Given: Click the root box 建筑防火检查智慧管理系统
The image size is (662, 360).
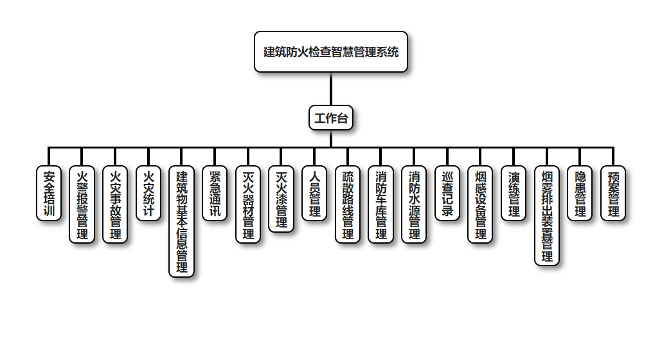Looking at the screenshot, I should pyautogui.click(x=331, y=51).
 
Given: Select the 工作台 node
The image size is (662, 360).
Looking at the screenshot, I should pyautogui.click(x=331, y=118).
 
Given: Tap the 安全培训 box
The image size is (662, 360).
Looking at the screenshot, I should pyautogui.click(x=48, y=193).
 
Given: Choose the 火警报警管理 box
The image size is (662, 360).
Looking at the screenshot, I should pyautogui.click(x=82, y=204).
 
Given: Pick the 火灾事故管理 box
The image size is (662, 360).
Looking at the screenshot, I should pyautogui.click(x=115, y=204).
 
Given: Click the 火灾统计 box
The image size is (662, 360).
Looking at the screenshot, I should pyautogui.click(x=148, y=193).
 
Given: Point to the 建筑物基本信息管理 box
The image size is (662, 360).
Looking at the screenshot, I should pyautogui.click(x=181, y=221).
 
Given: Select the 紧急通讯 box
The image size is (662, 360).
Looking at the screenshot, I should pyautogui.click(x=215, y=193).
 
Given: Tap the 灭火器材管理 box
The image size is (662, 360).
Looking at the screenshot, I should pyautogui.click(x=248, y=204).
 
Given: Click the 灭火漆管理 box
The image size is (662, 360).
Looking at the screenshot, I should pyautogui.click(x=281, y=199).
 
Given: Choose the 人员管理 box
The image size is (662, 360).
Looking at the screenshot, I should pyautogui.click(x=314, y=193).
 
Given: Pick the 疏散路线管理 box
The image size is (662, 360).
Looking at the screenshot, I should pyautogui.click(x=348, y=204).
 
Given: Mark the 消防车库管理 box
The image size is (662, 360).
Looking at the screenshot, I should pyautogui.click(x=380, y=204).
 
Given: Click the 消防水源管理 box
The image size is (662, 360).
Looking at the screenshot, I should pyautogui.click(x=414, y=204).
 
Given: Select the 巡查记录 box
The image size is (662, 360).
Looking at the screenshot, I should pyautogui.click(x=447, y=193).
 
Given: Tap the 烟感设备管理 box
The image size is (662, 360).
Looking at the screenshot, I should pyautogui.click(x=480, y=204).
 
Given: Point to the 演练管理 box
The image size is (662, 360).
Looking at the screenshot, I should pyautogui.click(x=514, y=193).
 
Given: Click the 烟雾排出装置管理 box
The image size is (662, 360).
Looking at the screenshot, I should pyautogui.click(x=547, y=215).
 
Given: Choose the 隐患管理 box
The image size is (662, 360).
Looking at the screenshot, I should pyautogui.click(x=580, y=193).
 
